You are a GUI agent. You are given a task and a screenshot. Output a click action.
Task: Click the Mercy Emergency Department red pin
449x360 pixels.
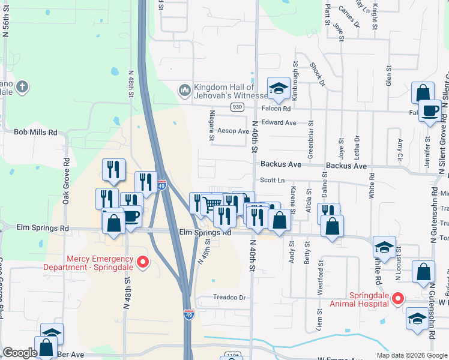click(143, 262)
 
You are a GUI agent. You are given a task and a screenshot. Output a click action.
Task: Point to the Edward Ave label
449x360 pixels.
click(279, 122)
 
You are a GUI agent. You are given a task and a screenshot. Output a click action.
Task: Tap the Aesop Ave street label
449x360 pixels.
click(233, 131)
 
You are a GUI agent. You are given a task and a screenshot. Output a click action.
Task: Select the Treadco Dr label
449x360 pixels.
click(230, 298)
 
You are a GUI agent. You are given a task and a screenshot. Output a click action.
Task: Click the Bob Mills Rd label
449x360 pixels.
click(35, 132)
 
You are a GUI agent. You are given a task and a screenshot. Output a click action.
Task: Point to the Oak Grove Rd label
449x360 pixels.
click(66, 178)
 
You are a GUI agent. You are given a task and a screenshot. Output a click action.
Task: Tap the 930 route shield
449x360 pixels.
click(237, 107)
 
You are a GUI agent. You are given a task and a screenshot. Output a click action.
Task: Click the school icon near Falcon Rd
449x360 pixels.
click(279, 89)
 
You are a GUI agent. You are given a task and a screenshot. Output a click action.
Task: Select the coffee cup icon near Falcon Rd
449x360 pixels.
click(430, 110)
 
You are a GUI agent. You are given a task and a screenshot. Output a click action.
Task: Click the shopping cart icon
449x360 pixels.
click(212, 204)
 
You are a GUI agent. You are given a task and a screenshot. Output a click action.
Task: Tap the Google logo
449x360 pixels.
click(20, 353)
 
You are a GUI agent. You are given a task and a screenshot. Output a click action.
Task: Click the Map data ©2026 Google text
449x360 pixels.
click(411, 355)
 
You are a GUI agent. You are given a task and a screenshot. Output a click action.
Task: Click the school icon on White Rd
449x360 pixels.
click(384, 247)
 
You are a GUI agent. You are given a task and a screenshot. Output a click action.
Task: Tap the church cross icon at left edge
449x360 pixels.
click(22, 87)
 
